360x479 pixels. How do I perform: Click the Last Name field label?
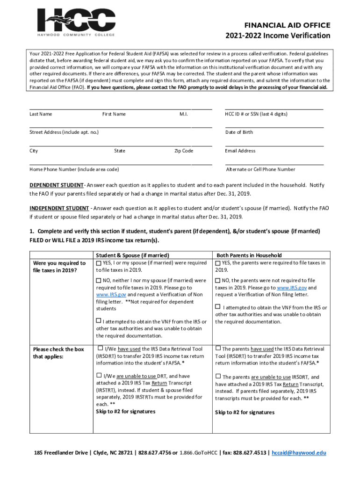[41, 114]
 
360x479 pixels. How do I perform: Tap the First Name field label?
[114, 114]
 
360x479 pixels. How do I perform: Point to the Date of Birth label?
[239, 132]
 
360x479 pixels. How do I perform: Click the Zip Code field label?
[183, 151]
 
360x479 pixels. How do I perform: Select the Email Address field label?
[240, 151]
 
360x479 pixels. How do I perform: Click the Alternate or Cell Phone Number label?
[260, 169]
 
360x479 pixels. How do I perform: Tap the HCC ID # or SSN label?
[256, 114]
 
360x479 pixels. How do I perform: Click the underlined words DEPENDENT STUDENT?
[57, 185]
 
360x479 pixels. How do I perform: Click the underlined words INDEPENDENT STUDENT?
[59, 208]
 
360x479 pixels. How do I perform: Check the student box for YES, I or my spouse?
[99, 263]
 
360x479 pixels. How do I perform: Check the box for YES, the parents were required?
[218, 263]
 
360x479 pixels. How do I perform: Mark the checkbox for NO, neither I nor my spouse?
[99, 281]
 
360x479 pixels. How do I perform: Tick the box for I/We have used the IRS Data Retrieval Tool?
[100, 348]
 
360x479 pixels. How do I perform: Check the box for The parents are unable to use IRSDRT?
[218, 376]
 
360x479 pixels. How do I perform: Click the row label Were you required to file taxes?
[59, 267]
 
